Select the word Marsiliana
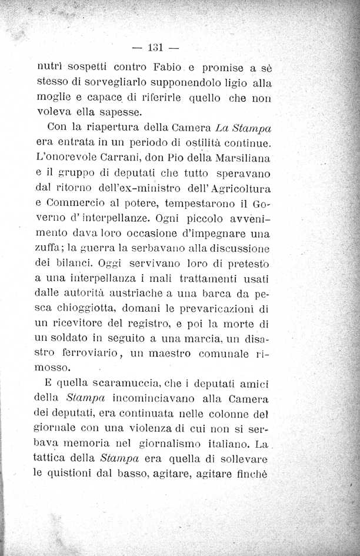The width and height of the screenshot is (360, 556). pos(242,158)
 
